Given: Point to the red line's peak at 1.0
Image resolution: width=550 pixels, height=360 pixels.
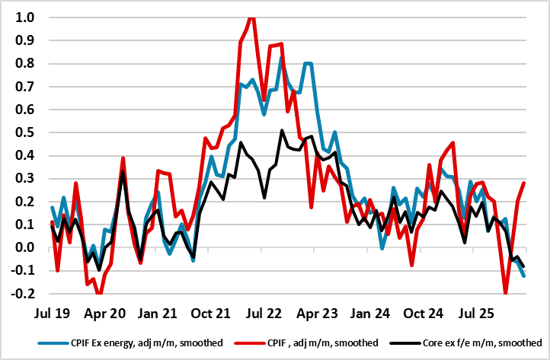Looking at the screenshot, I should click(251, 18).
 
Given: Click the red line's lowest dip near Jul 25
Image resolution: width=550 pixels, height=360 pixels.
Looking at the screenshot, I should click(506, 292).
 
